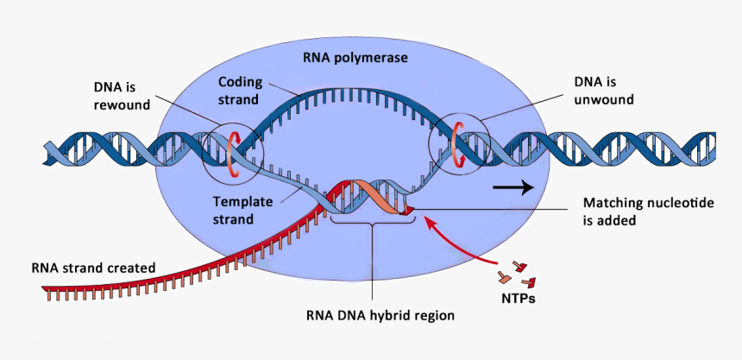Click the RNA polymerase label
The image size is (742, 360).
point(355,58)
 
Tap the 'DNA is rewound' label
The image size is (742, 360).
point(122,96)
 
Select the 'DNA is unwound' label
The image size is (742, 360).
point(603,91)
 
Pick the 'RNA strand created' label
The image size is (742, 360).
point(93,268)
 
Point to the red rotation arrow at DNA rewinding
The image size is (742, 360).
point(231,155)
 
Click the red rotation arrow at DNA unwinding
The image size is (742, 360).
point(456,143)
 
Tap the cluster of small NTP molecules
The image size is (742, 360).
point(515,274)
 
